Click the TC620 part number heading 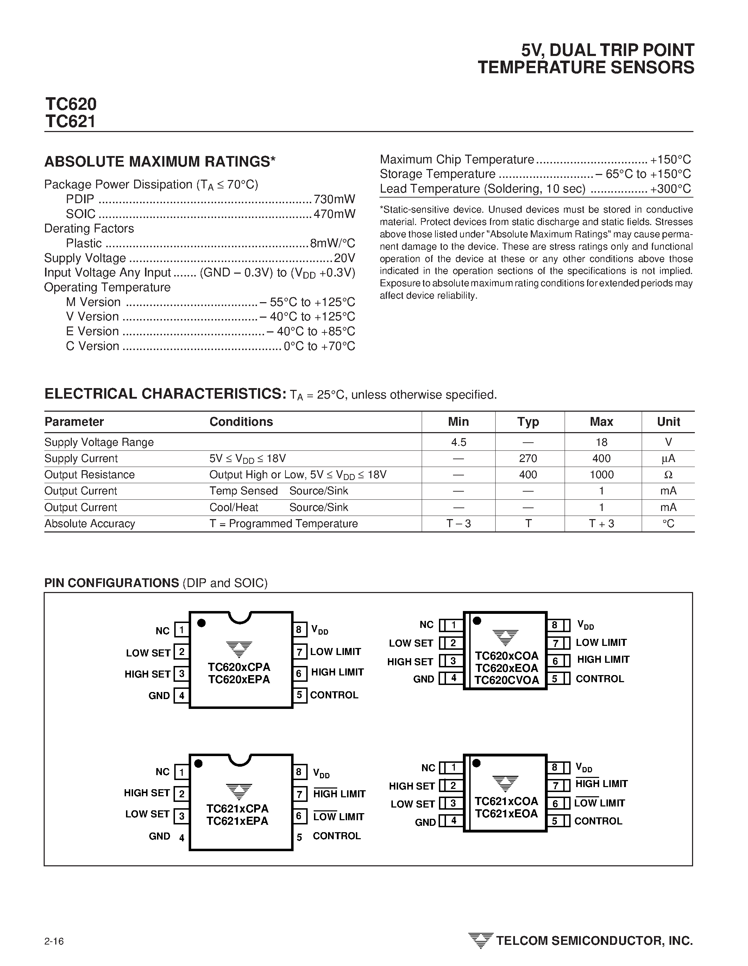click(71, 104)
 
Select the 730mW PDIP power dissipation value click(334, 199)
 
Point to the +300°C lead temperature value click(670, 189)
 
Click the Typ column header click(528, 422)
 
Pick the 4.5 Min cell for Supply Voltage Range click(458, 442)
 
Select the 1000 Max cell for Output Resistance click(601, 475)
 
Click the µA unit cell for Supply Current click(668, 459)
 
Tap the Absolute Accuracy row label click(90, 524)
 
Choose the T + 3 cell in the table click(601, 524)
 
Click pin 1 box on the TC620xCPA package click(181, 630)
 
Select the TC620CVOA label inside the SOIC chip click(507, 681)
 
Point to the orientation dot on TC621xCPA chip click(199, 764)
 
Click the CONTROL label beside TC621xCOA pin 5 click(598, 821)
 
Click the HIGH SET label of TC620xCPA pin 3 click(147, 674)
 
